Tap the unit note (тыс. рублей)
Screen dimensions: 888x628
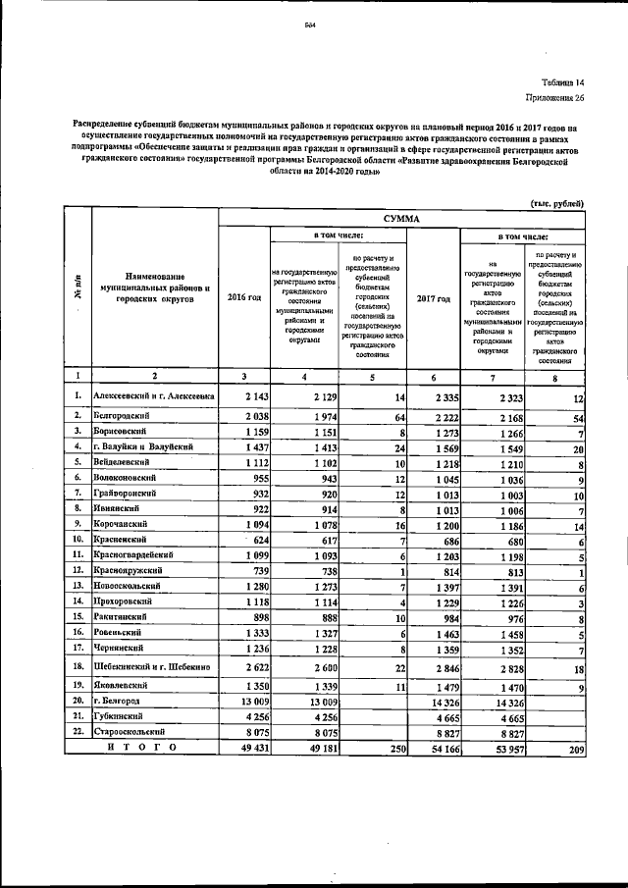(556, 203)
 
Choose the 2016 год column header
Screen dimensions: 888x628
(243, 297)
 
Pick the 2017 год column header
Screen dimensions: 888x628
(433, 297)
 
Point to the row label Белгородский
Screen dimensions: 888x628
(125, 416)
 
